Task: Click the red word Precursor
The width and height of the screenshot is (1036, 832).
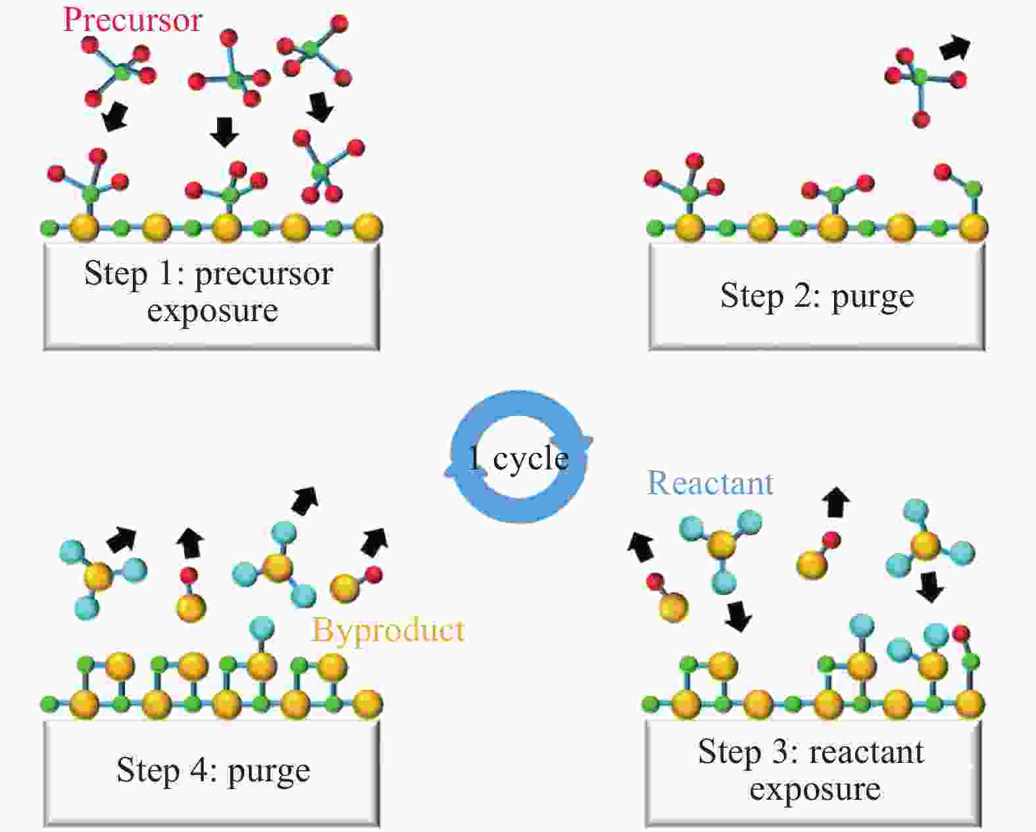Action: click(132, 19)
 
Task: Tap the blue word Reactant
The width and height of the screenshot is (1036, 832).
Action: click(710, 483)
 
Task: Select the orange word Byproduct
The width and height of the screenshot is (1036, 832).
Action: click(388, 630)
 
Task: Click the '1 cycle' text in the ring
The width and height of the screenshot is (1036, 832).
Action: click(518, 458)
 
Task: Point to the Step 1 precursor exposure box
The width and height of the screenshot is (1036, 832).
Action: click(212, 296)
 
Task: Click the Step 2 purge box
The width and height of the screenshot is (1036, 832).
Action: click(816, 296)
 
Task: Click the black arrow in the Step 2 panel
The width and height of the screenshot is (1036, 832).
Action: click(954, 48)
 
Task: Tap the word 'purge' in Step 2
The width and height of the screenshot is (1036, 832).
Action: click(872, 297)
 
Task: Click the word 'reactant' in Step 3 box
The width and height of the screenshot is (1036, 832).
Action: click(866, 752)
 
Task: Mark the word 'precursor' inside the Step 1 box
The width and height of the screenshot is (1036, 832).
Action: click(264, 274)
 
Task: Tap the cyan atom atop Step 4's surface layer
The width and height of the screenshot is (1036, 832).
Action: click(262, 627)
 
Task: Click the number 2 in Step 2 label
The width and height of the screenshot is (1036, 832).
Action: click(803, 296)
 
